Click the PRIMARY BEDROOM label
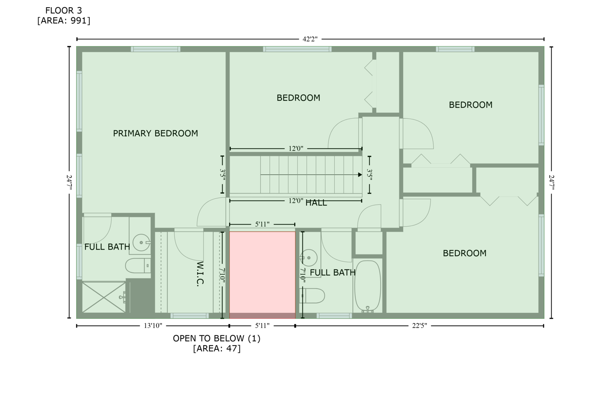point(155,133)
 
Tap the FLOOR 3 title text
point(64,11)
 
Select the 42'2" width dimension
point(310,39)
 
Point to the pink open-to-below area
point(262,275)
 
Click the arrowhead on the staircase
point(360,175)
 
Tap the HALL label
point(316,203)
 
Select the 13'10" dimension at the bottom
point(153,326)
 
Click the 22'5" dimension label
point(419,326)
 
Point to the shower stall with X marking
point(104,297)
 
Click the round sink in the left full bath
point(141,242)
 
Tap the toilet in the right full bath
point(312,296)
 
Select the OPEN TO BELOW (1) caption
point(217,338)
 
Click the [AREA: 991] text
point(64,21)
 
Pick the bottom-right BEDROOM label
point(465,253)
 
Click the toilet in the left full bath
point(138,266)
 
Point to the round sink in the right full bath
point(309,257)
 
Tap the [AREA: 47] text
point(217,349)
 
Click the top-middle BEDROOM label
point(298,98)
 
